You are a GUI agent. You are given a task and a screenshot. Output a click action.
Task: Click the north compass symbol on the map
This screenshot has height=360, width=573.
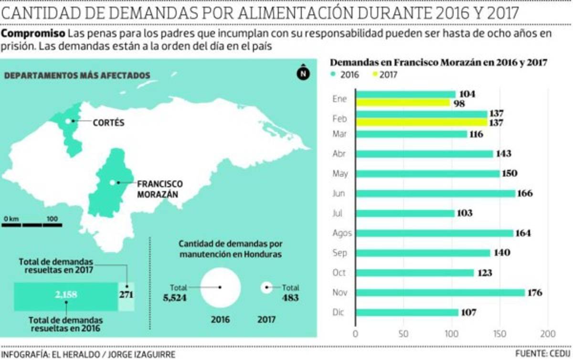tap(303, 73)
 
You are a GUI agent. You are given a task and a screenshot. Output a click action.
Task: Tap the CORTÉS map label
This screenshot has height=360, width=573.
tap(108, 123)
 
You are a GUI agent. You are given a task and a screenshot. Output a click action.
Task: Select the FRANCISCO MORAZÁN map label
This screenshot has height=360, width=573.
tap(159, 189)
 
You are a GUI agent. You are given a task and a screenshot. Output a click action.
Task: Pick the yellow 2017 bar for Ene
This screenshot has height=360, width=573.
tap(402, 103)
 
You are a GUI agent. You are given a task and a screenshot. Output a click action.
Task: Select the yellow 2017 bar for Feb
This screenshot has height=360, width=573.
tap(421, 122)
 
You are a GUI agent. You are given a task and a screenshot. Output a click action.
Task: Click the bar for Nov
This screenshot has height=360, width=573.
tap(439, 293)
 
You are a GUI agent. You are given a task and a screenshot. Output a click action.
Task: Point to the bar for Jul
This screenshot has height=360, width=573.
tap(404, 213)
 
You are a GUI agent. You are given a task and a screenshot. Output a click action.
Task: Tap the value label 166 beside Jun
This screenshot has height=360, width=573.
tap(524, 193)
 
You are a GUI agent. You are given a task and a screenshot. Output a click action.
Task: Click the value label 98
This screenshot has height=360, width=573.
tap(460, 103)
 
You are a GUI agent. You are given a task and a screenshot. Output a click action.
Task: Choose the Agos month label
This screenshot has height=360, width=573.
tap(342, 233)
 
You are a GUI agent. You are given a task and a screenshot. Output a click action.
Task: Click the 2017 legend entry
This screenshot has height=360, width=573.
tap(383, 74)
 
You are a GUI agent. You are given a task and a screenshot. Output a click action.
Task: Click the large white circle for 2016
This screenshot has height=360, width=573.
tap(221, 287)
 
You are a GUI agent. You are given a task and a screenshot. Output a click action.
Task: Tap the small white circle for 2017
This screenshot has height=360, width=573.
tap(266, 287)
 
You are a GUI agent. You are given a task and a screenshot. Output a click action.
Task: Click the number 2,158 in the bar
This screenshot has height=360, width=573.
tap(66, 295)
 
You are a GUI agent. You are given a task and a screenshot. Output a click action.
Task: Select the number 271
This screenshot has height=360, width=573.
tap(126, 295)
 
